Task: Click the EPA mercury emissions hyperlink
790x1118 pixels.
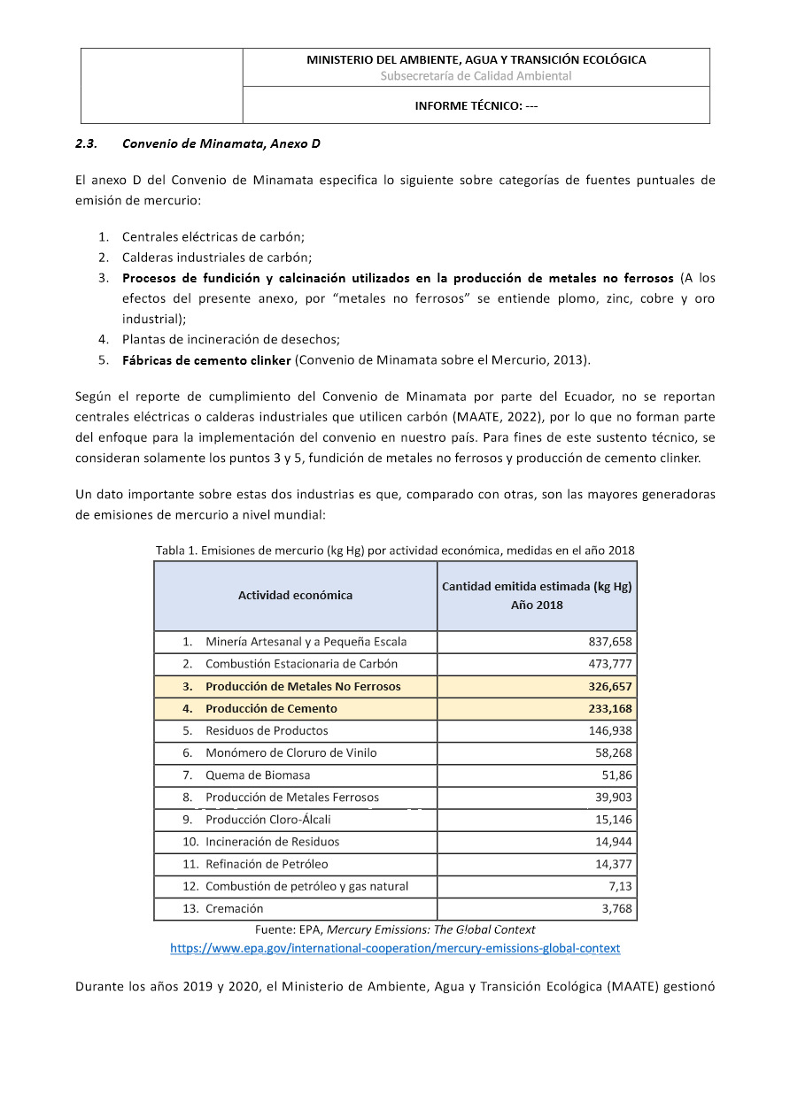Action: pos(395,948)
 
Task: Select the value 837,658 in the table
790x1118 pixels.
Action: pos(609,642)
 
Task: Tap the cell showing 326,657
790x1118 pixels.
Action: pos(609,686)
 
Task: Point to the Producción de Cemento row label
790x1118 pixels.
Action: pos(271,708)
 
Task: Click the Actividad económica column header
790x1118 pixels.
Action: pos(295,595)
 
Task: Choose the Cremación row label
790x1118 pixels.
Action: pos(234,908)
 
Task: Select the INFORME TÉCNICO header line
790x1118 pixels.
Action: pos(476,106)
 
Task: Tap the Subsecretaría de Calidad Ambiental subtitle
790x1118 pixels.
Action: pos(476,76)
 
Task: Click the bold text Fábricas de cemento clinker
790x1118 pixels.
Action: pos(206,359)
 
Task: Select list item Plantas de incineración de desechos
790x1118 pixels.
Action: pos(231,339)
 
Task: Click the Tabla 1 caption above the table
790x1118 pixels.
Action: pos(395,551)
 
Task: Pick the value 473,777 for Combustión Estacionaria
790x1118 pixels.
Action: pos(609,664)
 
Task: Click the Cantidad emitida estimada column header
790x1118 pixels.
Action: pos(537,595)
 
